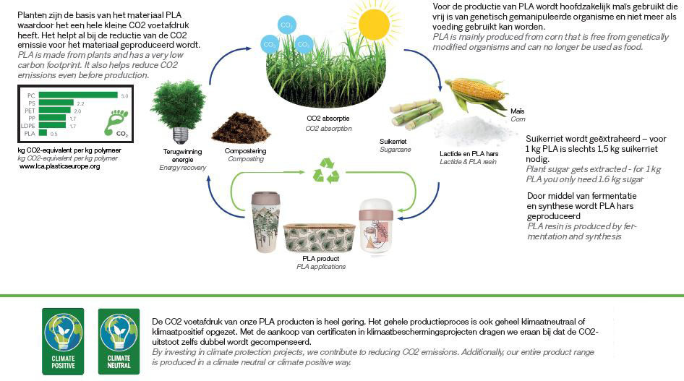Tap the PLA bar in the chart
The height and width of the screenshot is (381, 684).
pyautogui.click(x=43, y=133)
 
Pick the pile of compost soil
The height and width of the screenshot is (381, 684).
pyautogui.click(x=241, y=127)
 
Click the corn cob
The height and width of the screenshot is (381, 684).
pyautogui.click(x=476, y=92)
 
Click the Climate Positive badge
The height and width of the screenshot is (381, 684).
pyautogui.click(x=62, y=340)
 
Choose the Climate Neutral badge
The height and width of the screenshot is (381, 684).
pyautogui.click(x=119, y=340)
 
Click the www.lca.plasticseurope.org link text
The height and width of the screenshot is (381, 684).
pyautogui.click(x=59, y=166)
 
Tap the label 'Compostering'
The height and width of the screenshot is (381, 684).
pyautogui.click(x=245, y=151)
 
